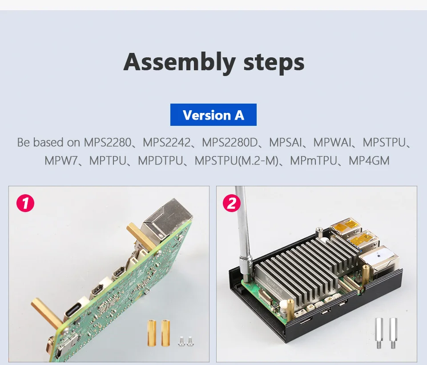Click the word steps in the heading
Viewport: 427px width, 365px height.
click(274, 62)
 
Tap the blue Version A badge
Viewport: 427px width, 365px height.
click(213, 115)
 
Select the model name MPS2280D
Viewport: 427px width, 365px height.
click(230, 143)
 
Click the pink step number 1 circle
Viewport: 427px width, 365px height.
click(25, 204)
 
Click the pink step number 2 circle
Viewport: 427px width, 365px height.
click(232, 204)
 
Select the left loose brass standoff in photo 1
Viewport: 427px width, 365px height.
click(152, 333)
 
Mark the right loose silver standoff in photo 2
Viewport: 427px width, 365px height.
click(393, 333)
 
